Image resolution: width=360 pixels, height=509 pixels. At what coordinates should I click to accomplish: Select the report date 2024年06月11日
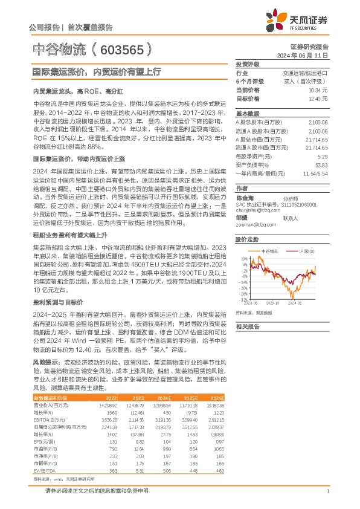coord(304,54)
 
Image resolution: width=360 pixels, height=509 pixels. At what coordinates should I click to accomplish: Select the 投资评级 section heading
coord(247,63)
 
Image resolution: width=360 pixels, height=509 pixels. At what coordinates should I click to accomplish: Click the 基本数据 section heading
coord(247,113)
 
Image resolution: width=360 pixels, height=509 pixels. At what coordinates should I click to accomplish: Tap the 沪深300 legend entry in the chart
coord(304,250)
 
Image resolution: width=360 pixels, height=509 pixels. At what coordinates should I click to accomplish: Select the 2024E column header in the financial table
coord(164,398)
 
